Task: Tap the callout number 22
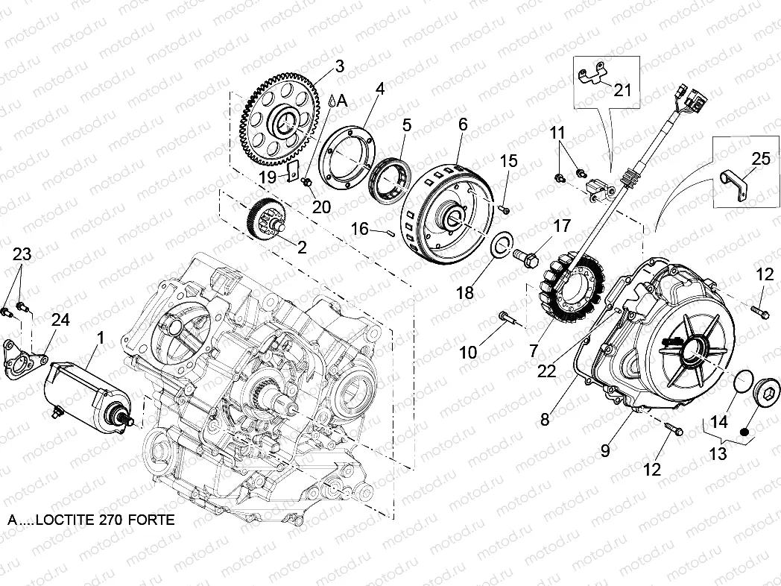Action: pos(547,371)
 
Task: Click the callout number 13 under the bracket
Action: pos(717,453)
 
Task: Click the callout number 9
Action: pos(605,450)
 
